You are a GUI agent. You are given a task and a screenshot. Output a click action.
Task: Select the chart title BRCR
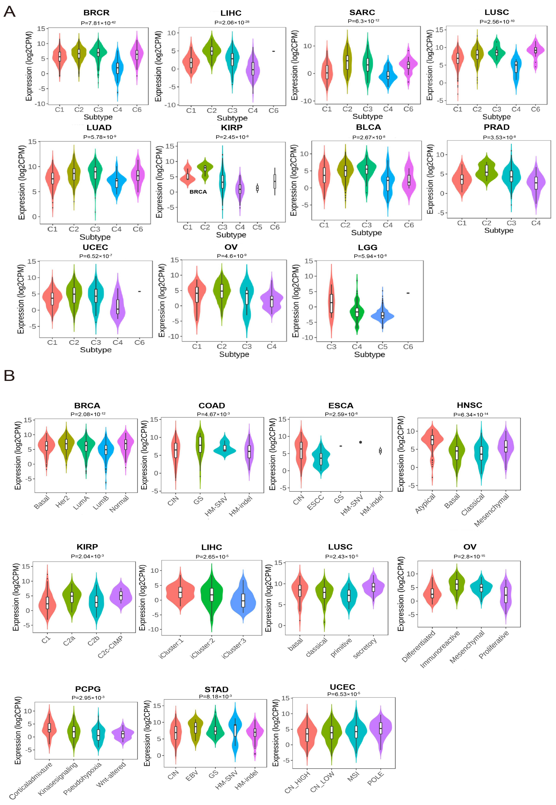pyautogui.click(x=97, y=13)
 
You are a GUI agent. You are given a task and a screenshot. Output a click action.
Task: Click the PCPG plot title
pyautogui.click(x=88, y=689)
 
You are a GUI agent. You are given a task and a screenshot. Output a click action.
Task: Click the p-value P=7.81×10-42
pyautogui.click(x=98, y=23)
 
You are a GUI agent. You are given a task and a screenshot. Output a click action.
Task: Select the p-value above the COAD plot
pyautogui.click(x=213, y=414)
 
